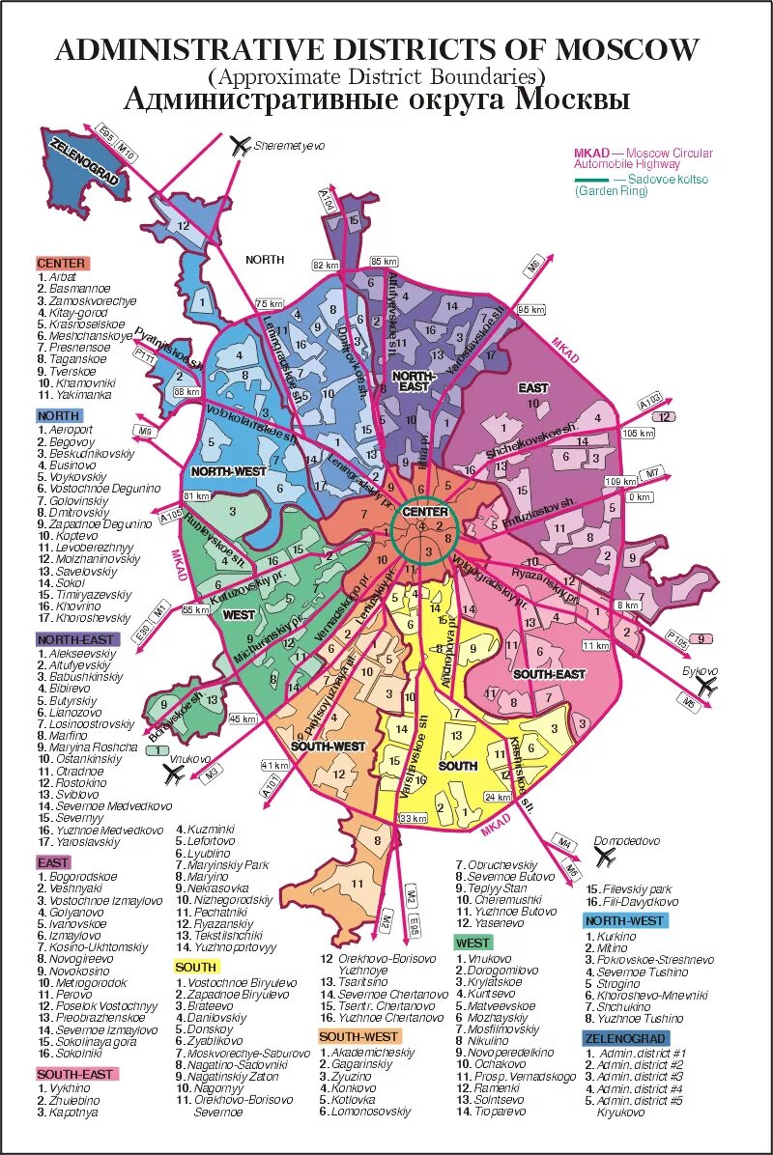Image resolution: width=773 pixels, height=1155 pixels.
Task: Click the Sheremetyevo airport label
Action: coord(289,146)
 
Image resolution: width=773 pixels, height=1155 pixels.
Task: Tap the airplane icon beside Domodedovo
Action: coord(606,856)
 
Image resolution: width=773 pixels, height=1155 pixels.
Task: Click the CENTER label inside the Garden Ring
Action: coord(425,512)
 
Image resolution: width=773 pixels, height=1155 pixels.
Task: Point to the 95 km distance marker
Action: coord(531,309)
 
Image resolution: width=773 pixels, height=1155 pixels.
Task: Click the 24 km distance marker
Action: coord(498,797)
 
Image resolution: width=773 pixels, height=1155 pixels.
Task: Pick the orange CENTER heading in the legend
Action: coord(62,263)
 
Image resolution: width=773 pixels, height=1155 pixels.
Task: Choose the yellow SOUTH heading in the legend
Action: coord(196,967)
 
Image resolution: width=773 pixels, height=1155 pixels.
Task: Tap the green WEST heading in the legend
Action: coord(472,943)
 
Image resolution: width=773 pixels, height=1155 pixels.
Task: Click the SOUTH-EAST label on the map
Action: coord(549,673)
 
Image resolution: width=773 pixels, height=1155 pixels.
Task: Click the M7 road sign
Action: coord(654,473)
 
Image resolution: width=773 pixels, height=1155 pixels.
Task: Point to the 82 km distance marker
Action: coord(325,265)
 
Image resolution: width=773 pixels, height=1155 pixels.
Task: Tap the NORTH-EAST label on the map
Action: coord(415,380)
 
